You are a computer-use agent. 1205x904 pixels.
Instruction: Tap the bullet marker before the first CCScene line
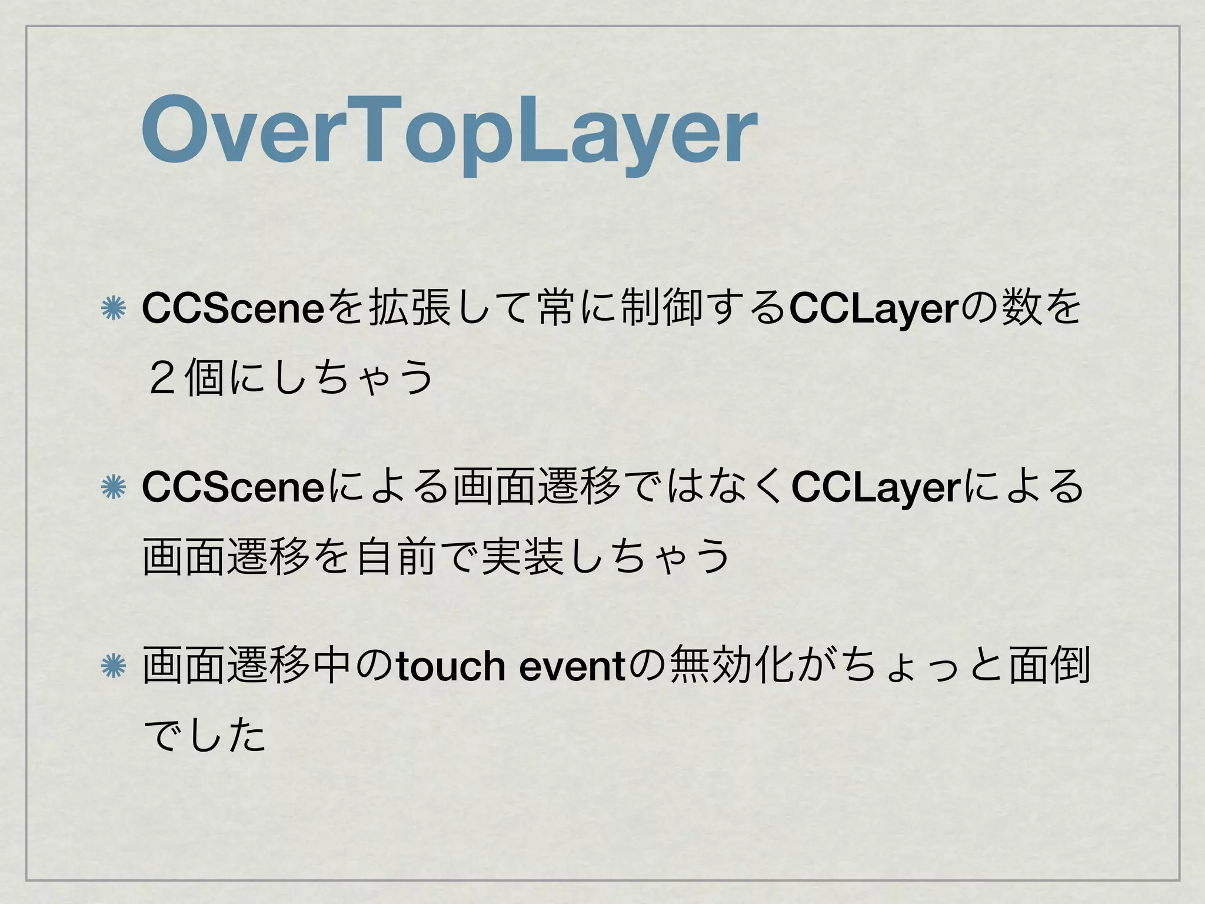(x=113, y=309)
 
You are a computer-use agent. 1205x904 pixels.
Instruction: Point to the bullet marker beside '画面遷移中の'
(x=113, y=666)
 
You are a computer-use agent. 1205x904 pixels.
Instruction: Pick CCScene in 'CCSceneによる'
(x=233, y=487)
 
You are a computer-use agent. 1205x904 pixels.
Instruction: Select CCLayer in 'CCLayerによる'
(x=876, y=487)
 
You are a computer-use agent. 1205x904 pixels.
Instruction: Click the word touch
(x=451, y=666)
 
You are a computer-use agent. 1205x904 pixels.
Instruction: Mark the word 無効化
(x=733, y=666)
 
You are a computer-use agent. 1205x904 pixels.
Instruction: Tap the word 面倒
(x=1050, y=666)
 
